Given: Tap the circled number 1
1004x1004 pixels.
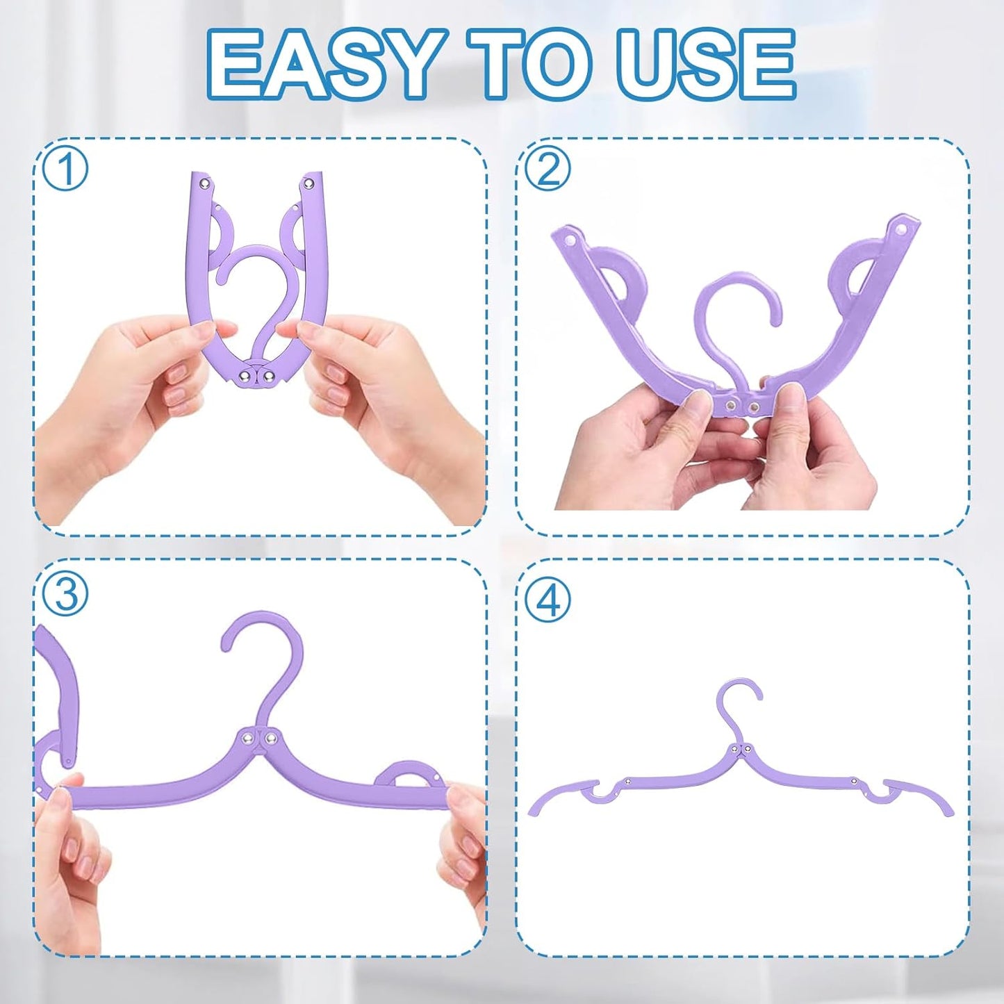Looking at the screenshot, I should click(x=65, y=170).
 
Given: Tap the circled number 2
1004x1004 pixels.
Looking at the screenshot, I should click(x=548, y=169).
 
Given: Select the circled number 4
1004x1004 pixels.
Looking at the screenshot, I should click(x=548, y=600).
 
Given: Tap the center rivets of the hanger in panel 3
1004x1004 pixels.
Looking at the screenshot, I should click(x=258, y=737).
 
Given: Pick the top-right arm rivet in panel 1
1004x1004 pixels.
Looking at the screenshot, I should click(x=306, y=183).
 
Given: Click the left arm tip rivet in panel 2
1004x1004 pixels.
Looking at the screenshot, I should click(x=571, y=240).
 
